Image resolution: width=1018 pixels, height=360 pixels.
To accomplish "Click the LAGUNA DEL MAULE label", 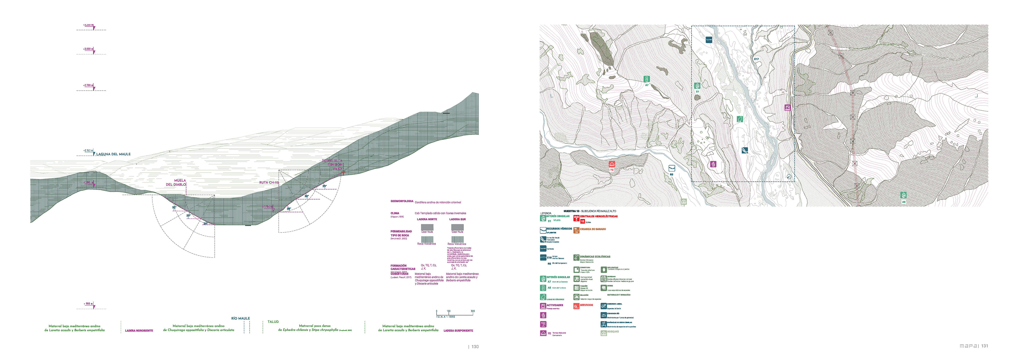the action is pos(113,154).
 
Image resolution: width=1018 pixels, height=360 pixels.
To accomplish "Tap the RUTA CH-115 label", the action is pos(269,183).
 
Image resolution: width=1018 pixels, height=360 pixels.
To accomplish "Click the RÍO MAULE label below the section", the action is pos(240,318).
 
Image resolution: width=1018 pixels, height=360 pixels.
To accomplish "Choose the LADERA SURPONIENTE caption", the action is pos(458,330).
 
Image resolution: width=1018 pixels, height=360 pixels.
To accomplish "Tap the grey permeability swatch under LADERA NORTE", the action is pos(427,227).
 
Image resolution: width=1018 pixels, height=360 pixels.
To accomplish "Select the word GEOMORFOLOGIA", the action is pos(402,201).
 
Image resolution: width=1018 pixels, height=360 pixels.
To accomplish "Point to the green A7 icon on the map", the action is pos(647,79).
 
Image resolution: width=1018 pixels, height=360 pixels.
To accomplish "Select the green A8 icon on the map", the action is pos(903,195).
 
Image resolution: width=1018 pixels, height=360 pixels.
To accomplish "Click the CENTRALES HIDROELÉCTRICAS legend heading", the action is pos(598,216).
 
